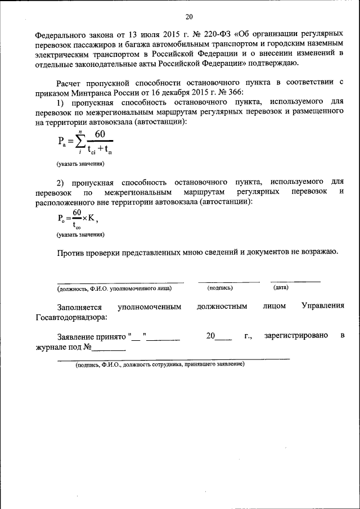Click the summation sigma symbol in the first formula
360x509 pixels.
80,141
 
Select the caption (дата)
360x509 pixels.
281,287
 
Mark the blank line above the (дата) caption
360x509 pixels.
295,281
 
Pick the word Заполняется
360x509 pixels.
79,307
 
